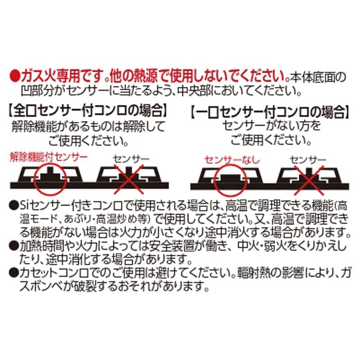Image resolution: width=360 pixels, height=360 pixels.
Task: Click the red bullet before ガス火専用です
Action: (x=14, y=76)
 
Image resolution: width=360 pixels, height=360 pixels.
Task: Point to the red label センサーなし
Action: (x=232, y=160)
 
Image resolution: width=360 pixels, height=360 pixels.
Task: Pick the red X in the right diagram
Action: (x=309, y=181)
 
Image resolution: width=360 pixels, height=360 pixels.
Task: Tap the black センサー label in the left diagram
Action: (x=131, y=159)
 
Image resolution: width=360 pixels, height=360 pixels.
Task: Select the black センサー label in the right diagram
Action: (x=308, y=160)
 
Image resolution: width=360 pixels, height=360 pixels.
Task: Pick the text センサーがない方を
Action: (x=271, y=126)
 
